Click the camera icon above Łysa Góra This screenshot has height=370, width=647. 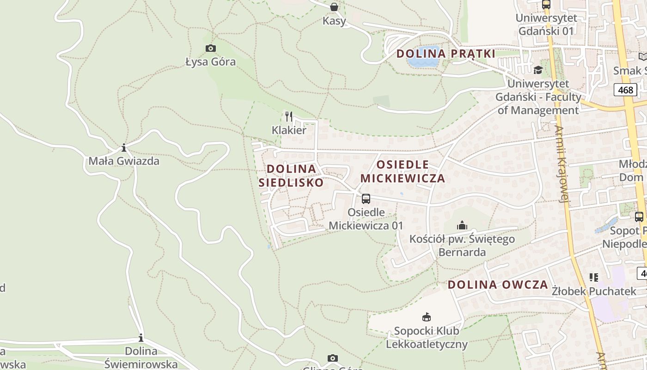click(x=210, y=48)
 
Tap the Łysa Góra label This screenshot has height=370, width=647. click(x=210, y=62)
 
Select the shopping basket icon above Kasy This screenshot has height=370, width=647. click(x=334, y=7)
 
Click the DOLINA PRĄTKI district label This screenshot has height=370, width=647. click(x=446, y=54)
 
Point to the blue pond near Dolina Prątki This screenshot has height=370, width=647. click(x=423, y=62)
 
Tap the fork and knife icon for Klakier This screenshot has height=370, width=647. click(x=289, y=116)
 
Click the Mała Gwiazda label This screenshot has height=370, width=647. click(x=124, y=161)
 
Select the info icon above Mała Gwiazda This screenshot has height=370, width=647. click(x=124, y=148)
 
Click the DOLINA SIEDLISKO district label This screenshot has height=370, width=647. click(x=291, y=176)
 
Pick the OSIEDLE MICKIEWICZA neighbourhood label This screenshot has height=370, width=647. click(x=403, y=172)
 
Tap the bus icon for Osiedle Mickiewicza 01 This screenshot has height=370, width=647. click(x=366, y=199)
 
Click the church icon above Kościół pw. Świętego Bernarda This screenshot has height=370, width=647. click(x=462, y=226)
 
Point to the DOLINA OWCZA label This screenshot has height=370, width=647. click(x=498, y=284)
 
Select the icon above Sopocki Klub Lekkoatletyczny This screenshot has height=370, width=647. click(x=426, y=317)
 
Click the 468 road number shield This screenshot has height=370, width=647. click(x=625, y=90)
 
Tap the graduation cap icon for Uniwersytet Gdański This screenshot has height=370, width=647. click(x=538, y=70)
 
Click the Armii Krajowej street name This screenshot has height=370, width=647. click(x=562, y=164)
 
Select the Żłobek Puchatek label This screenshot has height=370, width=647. click(x=594, y=291)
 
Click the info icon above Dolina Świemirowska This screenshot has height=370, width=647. click(x=141, y=338)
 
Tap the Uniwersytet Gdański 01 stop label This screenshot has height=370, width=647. click(x=546, y=25)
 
